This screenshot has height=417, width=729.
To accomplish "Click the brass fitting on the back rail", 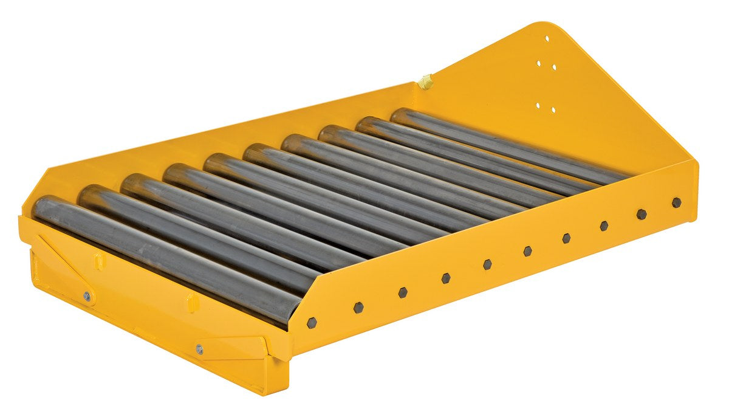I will point(426,81).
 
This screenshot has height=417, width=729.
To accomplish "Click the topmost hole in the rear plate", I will point(547,38).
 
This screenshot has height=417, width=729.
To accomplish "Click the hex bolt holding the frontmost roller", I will point(312,323).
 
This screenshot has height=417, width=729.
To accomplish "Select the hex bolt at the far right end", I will point(676,202).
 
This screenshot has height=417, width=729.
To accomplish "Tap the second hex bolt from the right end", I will point(641,214).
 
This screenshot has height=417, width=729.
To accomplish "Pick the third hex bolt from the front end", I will point(402,292).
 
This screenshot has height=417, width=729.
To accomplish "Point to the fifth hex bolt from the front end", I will point(487,264).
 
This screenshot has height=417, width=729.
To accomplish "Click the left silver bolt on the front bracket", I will point(87,296).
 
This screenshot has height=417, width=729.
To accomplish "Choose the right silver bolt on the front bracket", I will point(199,349).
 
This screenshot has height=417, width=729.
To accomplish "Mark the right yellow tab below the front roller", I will point(191,302).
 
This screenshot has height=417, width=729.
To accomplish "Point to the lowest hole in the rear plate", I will point(552,110).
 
